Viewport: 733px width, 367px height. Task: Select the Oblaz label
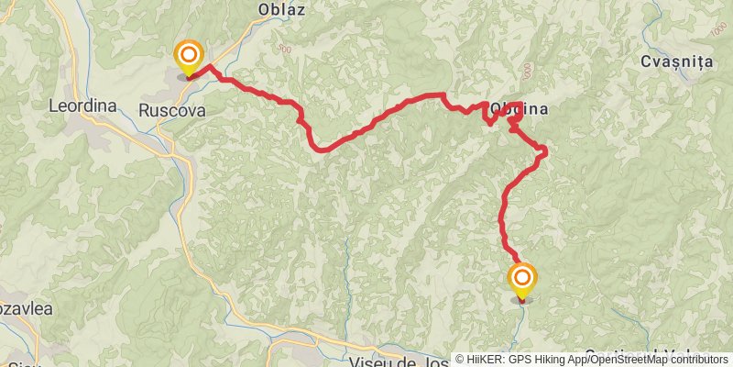tap(281, 10)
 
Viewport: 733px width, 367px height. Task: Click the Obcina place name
tap(519, 109)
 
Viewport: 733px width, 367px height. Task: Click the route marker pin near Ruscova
tap(189, 58)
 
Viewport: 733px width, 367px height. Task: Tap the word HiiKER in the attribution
tap(487, 360)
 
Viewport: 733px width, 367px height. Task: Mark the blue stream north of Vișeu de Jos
tap(348, 275)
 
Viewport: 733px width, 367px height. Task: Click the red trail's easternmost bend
tap(545, 150)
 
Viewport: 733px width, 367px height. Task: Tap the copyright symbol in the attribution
tap(461, 360)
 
